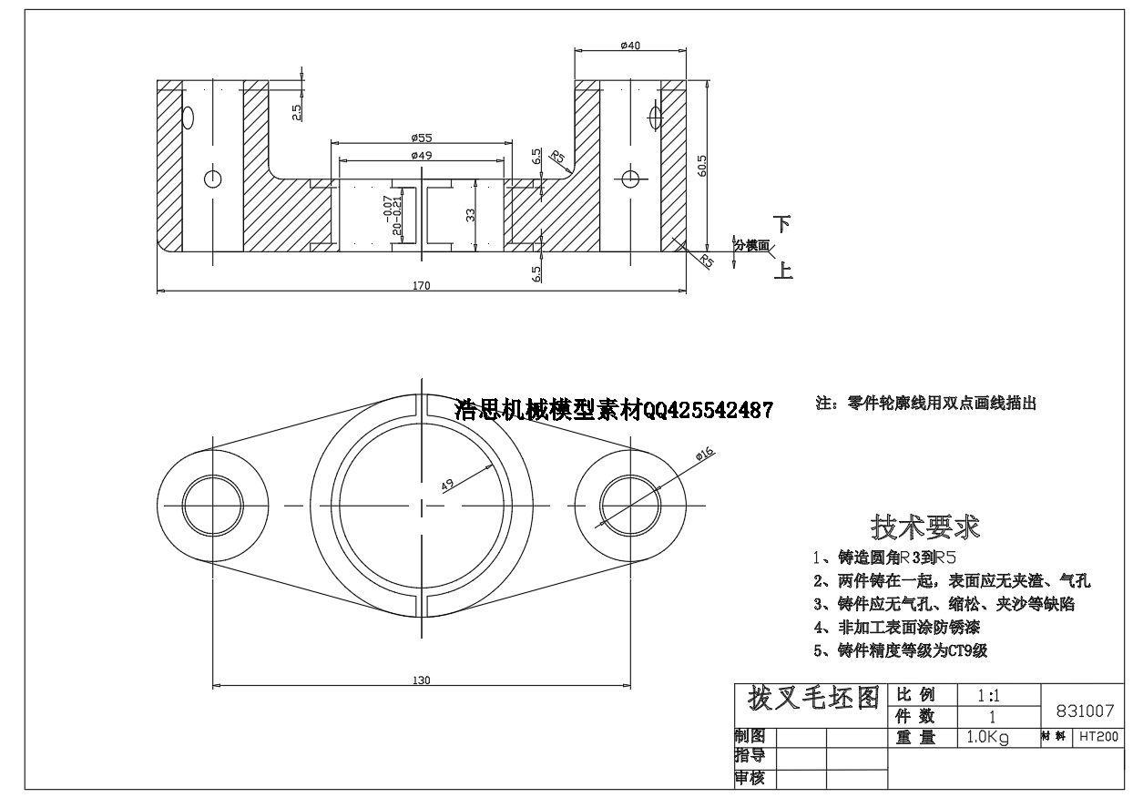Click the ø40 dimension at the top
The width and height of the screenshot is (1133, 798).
[629, 46]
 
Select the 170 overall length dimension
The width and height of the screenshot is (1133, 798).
[421, 285]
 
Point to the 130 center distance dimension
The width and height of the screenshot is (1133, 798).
[421, 680]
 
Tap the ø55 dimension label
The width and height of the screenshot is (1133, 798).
[421, 138]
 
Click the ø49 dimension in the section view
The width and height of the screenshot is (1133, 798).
[421, 155]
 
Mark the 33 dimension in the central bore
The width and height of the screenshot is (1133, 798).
[471, 215]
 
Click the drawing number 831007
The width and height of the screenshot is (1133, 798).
[1084, 711]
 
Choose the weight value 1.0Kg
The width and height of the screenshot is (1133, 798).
[987, 738]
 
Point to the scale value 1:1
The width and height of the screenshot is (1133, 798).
[988, 695]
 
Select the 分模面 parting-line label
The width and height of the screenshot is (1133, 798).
[752, 246]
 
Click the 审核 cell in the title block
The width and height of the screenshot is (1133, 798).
[750, 778]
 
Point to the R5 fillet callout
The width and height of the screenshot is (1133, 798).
[557, 158]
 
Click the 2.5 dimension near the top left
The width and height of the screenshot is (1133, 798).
[296, 111]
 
